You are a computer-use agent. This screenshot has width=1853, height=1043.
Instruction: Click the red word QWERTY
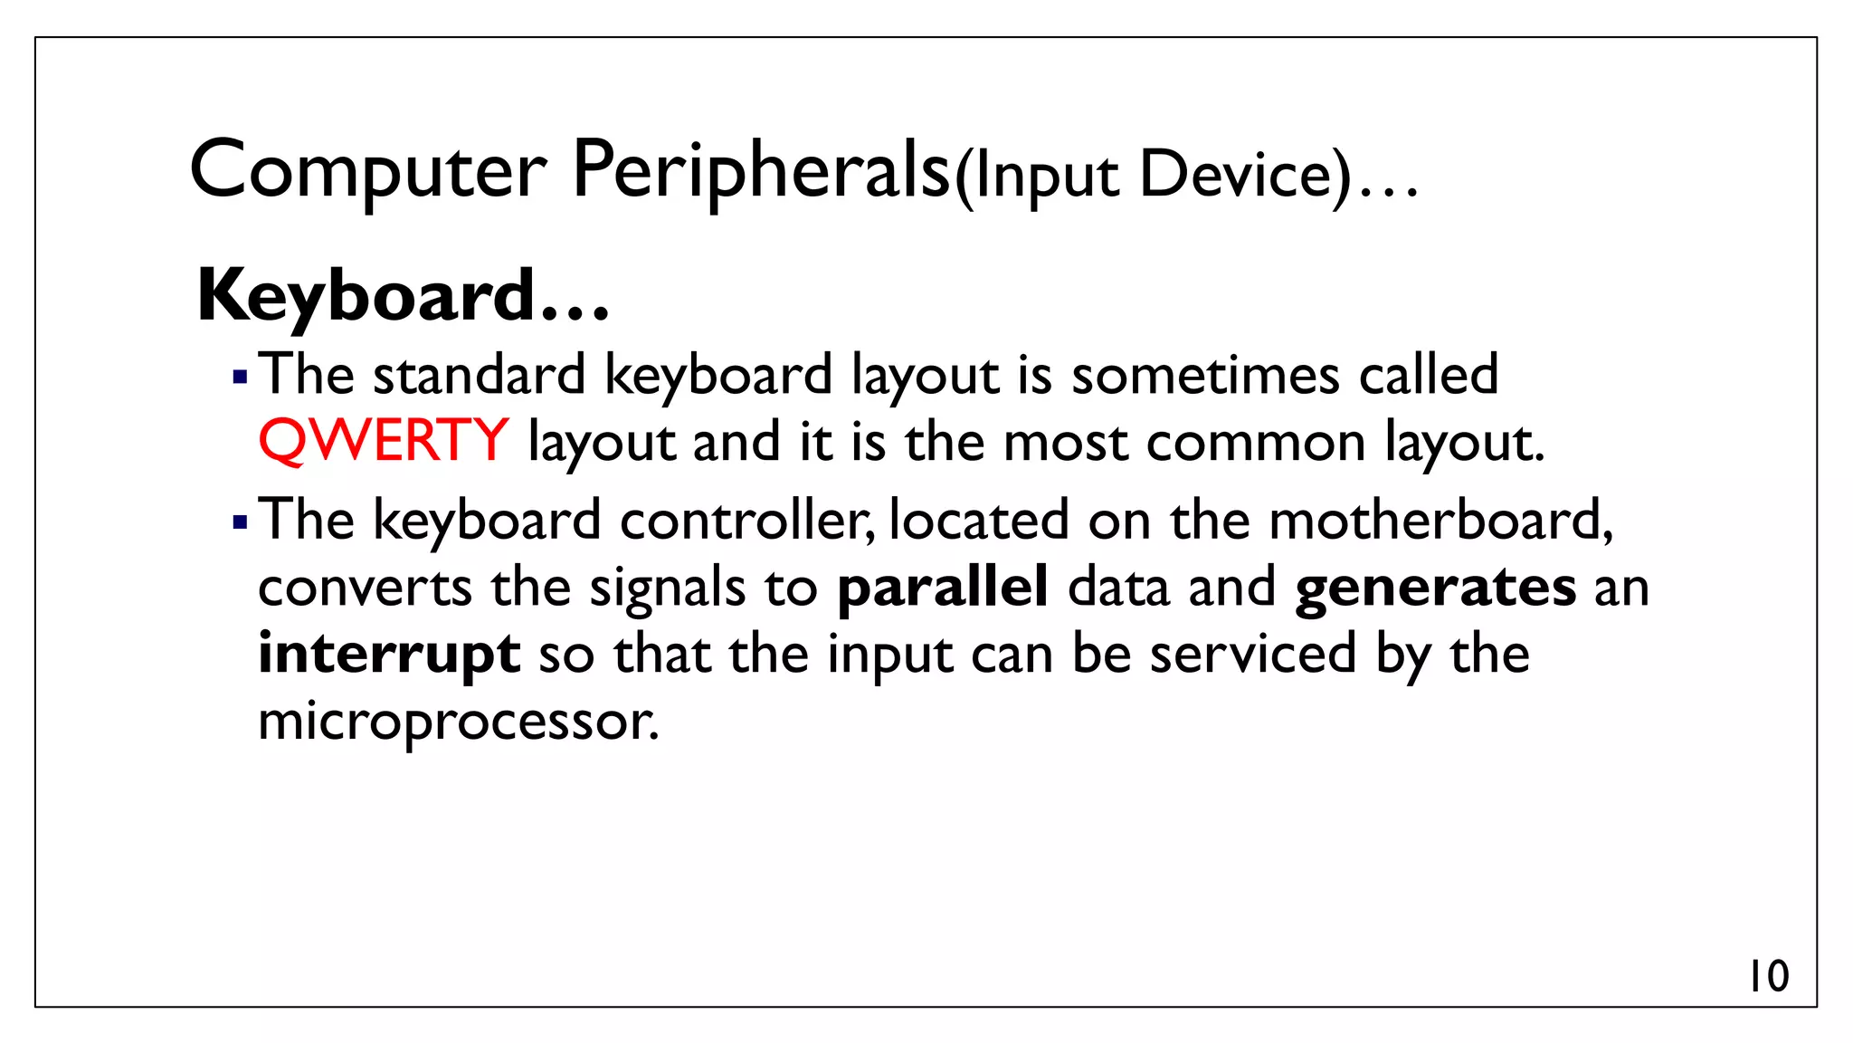pos(383,441)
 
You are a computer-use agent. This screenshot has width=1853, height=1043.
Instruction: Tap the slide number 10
pos(1768,976)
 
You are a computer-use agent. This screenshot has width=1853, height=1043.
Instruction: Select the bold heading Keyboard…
pos(403,296)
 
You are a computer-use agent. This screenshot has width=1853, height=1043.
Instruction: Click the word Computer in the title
pos(368,171)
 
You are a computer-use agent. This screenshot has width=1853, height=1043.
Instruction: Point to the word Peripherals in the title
pos(761,171)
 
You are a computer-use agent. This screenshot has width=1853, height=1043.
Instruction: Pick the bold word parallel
pos(942,587)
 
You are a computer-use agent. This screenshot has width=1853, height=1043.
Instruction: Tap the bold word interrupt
pos(389,654)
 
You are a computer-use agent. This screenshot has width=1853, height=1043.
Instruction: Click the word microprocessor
pos(458,722)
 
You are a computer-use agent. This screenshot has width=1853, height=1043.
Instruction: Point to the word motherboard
pos(1440,520)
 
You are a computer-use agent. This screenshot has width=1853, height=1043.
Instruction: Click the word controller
pos(746,520)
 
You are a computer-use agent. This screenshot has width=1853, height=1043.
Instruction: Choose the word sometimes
pos(1205,374)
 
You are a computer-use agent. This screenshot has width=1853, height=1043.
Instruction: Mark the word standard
pos(480,374)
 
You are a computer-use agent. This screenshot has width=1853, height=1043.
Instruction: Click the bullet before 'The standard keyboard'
pos(240,377)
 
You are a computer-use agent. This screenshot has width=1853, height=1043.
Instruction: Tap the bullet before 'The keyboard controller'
pos(240,522)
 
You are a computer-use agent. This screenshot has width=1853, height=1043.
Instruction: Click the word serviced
pos(1253,654)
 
